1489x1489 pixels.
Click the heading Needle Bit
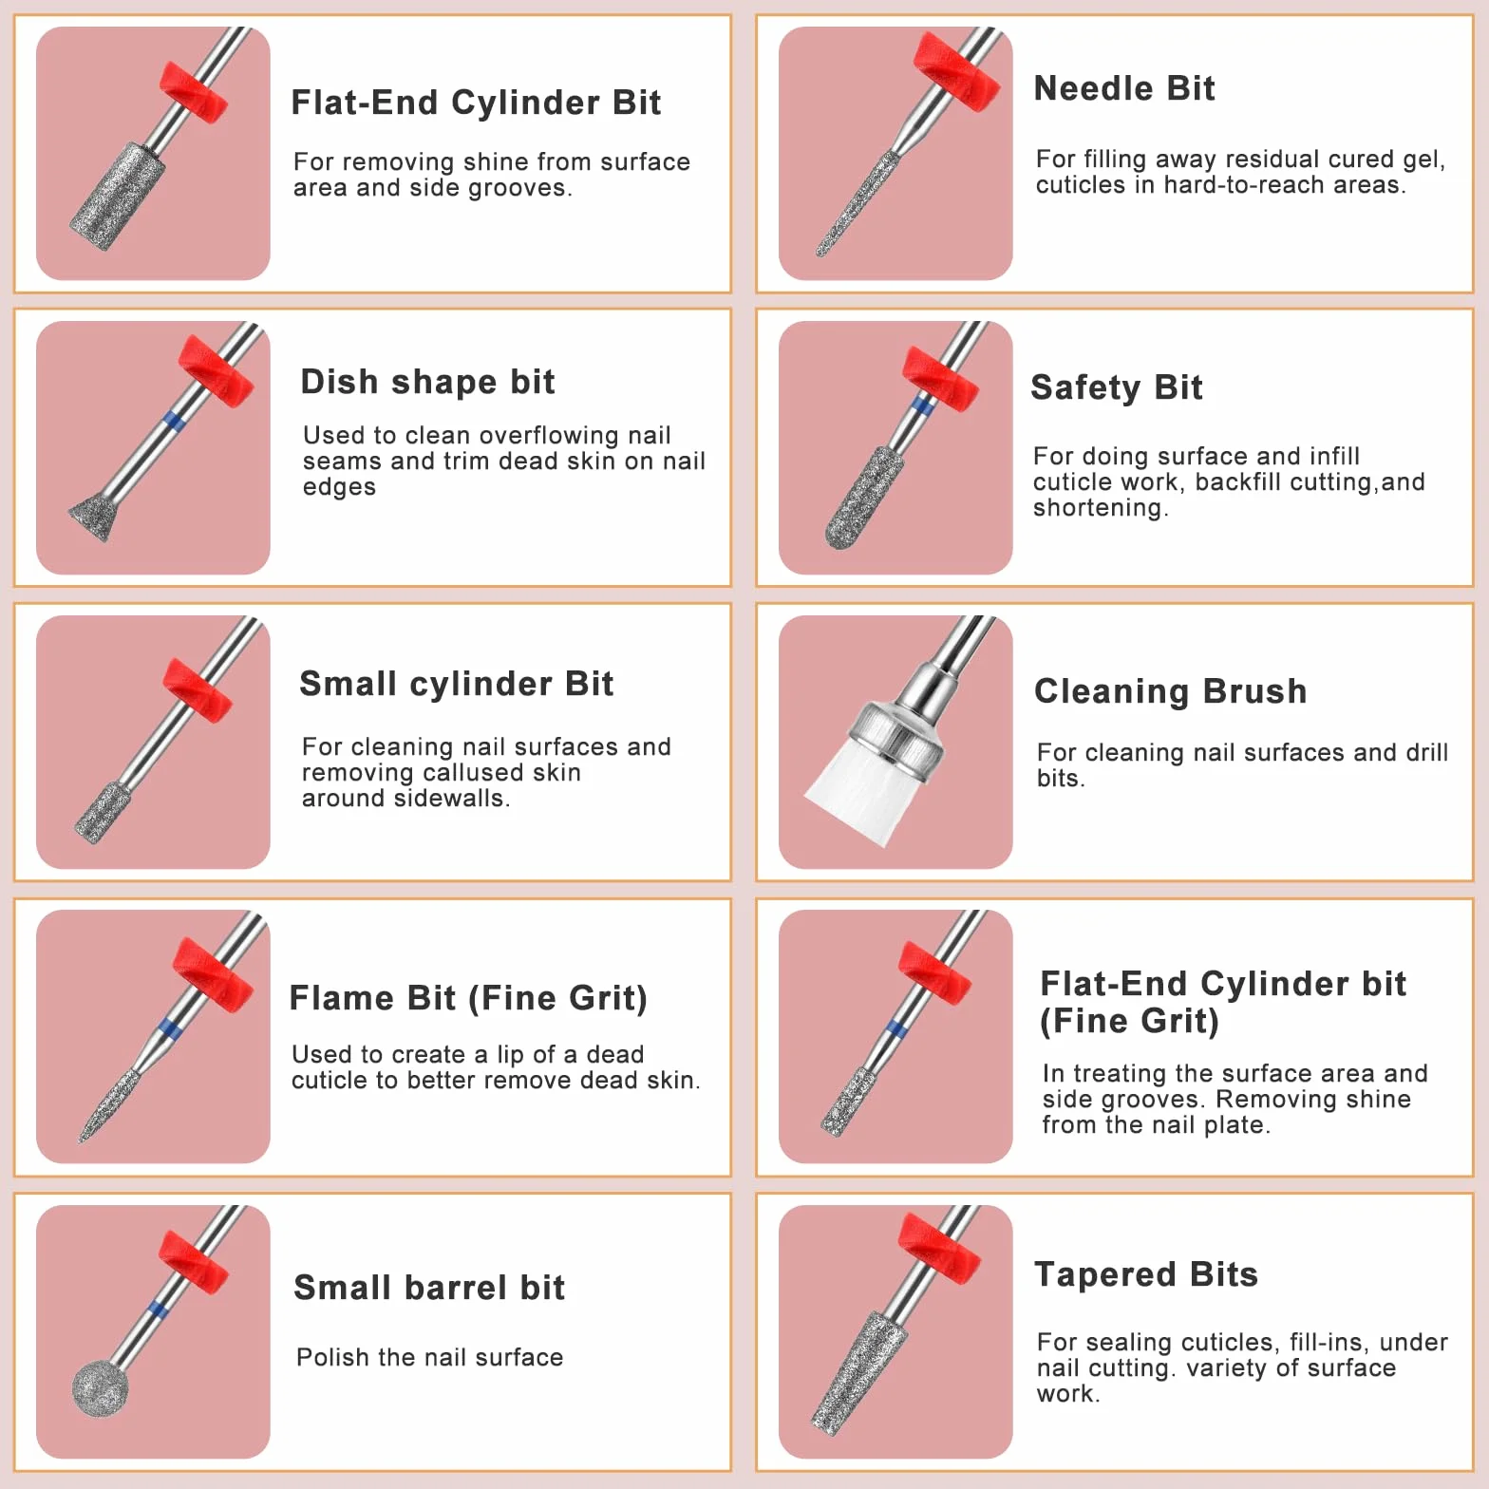click(1123, 88)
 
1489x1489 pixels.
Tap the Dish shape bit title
click(427, 382)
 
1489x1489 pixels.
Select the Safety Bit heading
click(1117, 387)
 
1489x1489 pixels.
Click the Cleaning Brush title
click(1170, 691)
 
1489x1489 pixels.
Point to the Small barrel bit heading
click(429, 1288)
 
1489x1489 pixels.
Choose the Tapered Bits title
click(1146, 1274)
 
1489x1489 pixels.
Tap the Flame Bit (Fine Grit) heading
click(468, 999)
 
